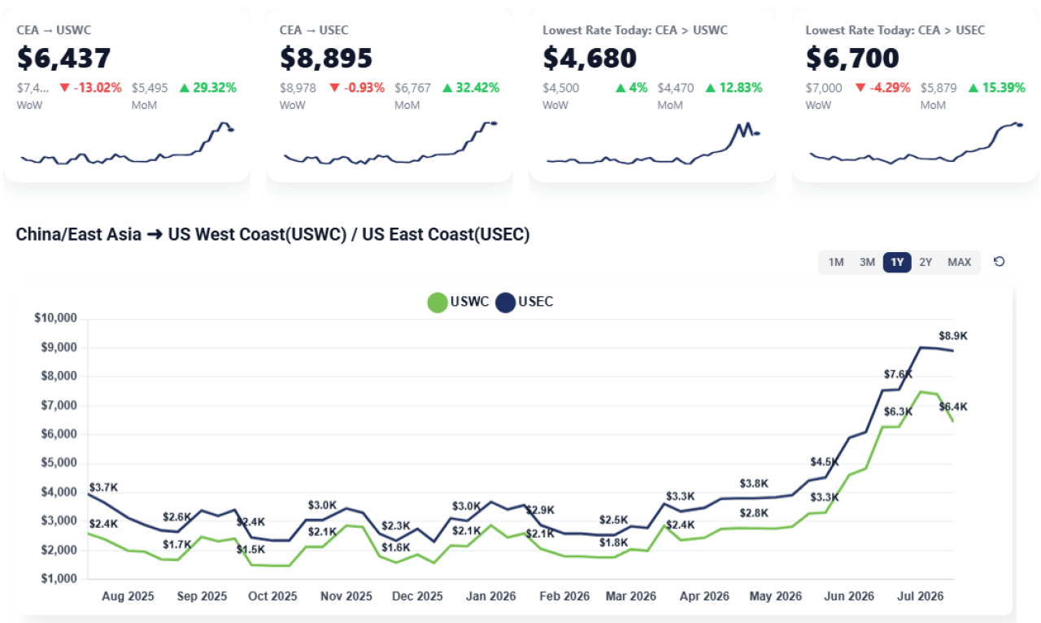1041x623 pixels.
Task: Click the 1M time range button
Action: [835, 262]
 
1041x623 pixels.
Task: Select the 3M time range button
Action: [867, 262]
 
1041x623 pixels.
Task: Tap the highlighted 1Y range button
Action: [897, 262]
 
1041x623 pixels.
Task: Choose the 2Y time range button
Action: [926, 262]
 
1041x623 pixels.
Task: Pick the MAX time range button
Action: [959, 262]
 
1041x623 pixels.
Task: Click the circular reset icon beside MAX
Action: [1000, 262]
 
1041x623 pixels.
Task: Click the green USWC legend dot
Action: [438, 303]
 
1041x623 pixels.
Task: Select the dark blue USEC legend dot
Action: [505, 303]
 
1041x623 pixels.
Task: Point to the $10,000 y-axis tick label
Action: [55, 318]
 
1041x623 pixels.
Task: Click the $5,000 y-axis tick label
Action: [59, 463]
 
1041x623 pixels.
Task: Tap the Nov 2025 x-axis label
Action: [346, 596]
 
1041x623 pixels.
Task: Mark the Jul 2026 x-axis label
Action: [920, 596]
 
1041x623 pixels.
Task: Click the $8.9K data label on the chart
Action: [952, 336]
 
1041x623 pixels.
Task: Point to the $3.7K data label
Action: [103, 487]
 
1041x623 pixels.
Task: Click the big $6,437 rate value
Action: [63, 58]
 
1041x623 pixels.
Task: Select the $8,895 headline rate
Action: [326, 58]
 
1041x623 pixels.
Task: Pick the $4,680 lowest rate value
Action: [590, 58]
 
